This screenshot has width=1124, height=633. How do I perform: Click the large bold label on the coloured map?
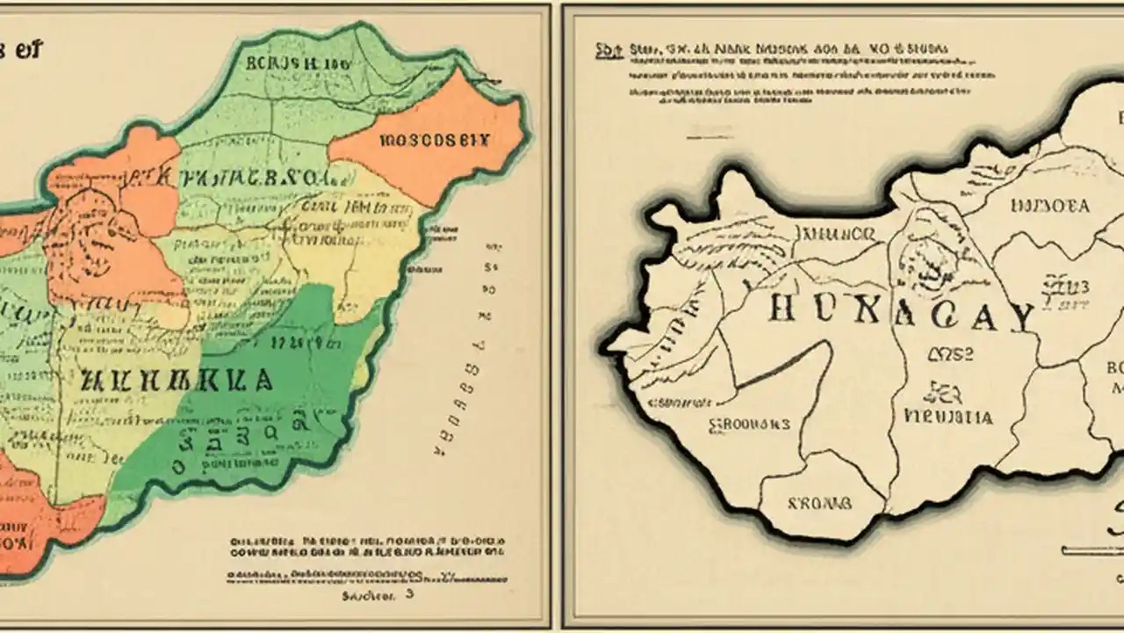click(176, 381)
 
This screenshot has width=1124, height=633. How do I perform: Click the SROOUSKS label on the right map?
click(749, 424)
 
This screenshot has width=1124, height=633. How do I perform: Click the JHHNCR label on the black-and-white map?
click(834, 234)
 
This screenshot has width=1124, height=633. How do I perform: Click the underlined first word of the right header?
click(606, 51)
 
